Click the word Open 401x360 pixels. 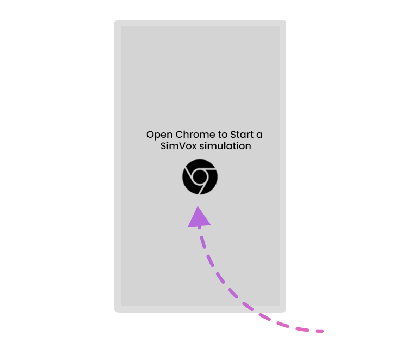159,135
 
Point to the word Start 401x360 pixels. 242,135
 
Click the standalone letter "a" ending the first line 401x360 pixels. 260,136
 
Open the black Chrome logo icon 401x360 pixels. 200,176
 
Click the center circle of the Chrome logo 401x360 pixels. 200,176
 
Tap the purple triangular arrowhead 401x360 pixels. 199,218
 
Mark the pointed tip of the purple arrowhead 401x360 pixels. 198,206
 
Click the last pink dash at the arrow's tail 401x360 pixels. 320,331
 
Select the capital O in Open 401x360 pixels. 150,135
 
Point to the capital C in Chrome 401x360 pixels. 179,135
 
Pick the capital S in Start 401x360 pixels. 233,135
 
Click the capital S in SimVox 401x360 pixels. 163,146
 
